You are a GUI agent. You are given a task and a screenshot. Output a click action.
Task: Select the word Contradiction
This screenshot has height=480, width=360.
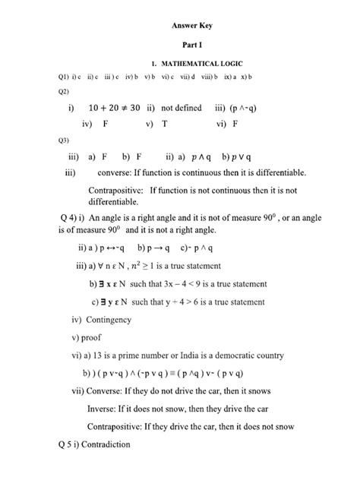click(x=98, y=444)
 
